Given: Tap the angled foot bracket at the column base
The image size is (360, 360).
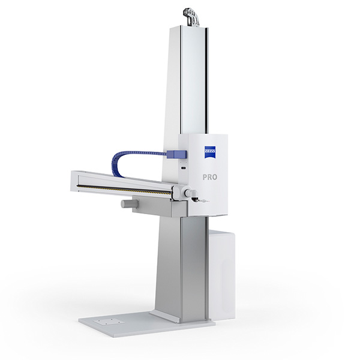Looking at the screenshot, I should pyautogui.click(x=165, y=316).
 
